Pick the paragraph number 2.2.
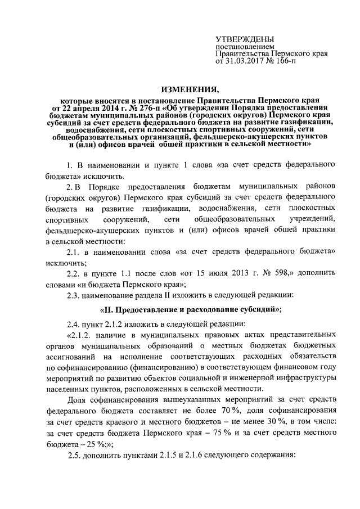[x=73, y=273]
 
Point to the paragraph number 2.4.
[x=73, y=325]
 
